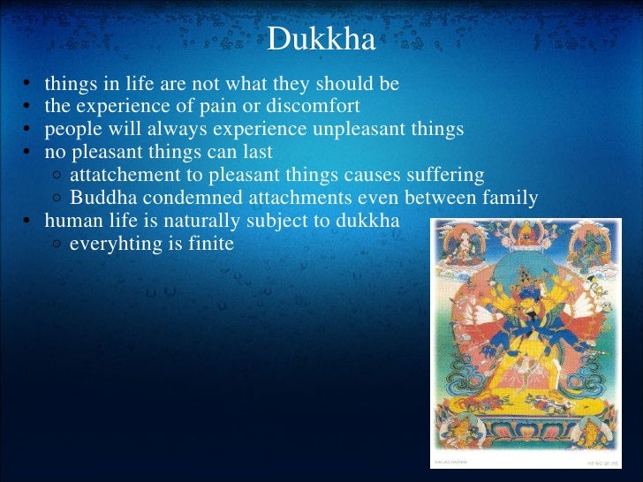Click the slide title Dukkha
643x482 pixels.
(321, 40)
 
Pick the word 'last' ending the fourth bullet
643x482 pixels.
(257, 153)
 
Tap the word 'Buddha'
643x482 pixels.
(100, 198)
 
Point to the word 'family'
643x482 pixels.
(511, 198)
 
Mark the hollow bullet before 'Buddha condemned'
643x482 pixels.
(56, 199)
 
